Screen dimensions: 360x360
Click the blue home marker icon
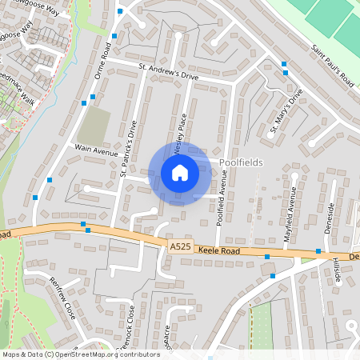(x=180, y=173)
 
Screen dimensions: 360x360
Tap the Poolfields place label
(x=240, y=162)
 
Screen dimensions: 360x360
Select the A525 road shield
(x=180, y=249)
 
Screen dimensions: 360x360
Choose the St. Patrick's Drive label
(x=129, y=148)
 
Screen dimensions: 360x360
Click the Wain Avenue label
(x=96, y=149)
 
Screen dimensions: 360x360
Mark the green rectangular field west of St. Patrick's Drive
(x=95, y=126)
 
